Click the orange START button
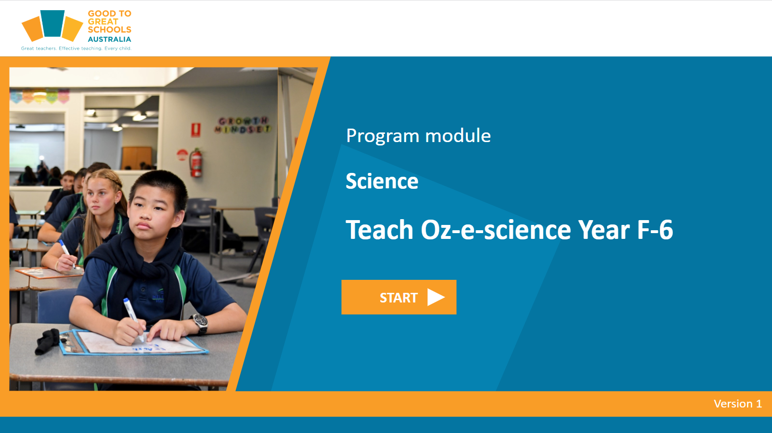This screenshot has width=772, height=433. pos(399,297)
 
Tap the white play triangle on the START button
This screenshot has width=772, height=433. pos(436,297)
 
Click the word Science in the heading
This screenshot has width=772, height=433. pos(382,181)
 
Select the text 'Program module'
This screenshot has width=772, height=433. pos(418,136)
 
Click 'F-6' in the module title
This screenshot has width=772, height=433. pos(655,230)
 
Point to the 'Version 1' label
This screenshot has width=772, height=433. pos(737,404)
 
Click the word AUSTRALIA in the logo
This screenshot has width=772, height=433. pos(110,39)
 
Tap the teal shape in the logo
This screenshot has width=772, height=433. pos(52,23)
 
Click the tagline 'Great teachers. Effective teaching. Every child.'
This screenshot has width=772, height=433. pos(76,48)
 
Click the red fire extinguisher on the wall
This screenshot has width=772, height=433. pos(196,162)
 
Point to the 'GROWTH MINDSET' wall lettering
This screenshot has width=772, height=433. pos(243,125)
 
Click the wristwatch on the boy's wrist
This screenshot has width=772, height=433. pos(200,323)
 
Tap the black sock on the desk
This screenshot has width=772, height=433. pos(48,341)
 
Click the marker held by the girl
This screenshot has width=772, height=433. pos(67,254)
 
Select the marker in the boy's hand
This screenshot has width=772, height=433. pos(133,318)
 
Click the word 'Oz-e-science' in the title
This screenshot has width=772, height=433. pos(496,230)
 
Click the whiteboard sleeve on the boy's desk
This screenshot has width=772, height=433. pos(134,343)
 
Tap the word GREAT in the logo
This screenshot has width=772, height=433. pos(103,21)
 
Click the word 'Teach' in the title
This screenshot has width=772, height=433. pos(379,230)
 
